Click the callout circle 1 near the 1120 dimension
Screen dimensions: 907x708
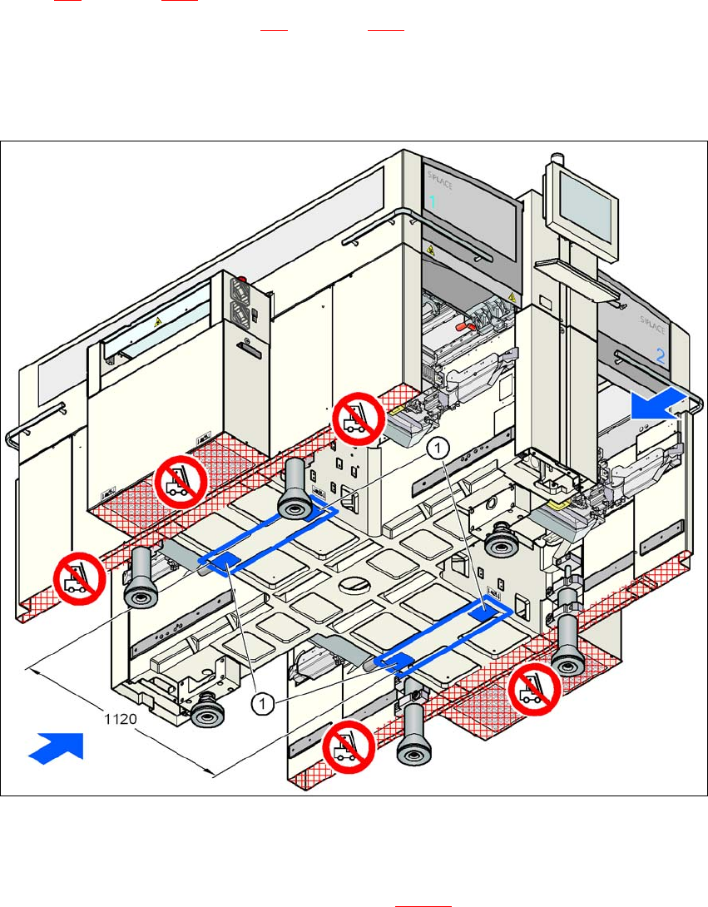click(x=263, y=704)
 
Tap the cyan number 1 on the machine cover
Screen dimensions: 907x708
click(x=433, y=201)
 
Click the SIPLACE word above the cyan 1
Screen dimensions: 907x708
click(x=440, y=177)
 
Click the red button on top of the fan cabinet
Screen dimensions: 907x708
click(x=244, y=281)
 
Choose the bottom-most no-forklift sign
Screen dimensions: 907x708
click(x=347, y=746)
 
